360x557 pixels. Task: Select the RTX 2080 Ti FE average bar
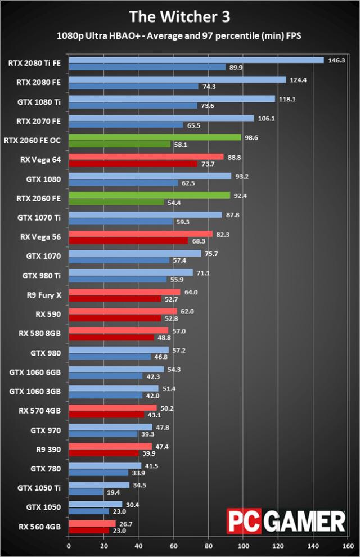[196, 60]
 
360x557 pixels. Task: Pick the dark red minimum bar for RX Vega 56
[128, 241]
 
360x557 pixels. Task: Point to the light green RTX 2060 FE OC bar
[155, 137]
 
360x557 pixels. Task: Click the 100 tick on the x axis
[244, 545]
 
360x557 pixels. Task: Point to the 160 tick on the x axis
[348, 545]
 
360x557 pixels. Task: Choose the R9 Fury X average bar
[124, 292]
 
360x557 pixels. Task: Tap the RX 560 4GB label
[40, 526]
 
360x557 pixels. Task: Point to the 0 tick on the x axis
[69, 545]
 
